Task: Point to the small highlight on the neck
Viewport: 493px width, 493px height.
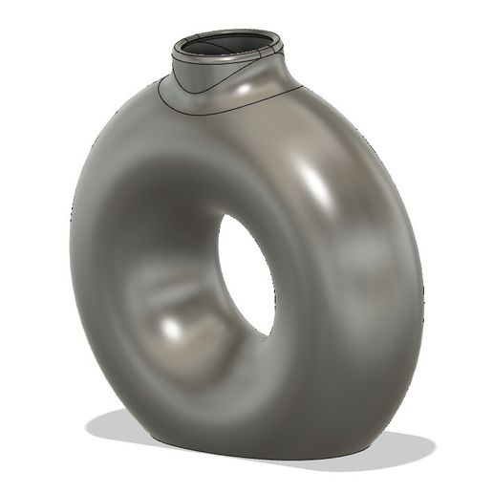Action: (256, 87)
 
